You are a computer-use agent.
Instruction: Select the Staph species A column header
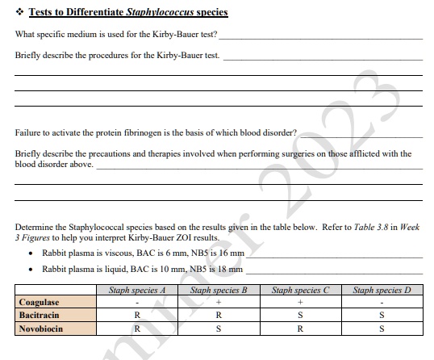coord(137,289)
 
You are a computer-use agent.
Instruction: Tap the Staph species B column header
coord(217,289)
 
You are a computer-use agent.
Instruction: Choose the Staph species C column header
coord(299,289)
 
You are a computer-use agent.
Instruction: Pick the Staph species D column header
coord(382,289)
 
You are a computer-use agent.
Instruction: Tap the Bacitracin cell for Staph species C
coord(299,316)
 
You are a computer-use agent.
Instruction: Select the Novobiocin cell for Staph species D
coord(382,329)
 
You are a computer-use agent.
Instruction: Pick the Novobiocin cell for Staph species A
coord(137,329)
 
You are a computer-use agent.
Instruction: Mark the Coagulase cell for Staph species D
coord(382,303)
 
